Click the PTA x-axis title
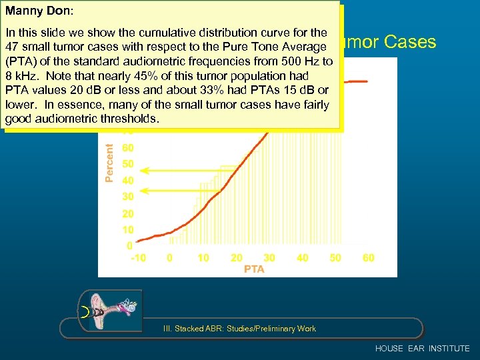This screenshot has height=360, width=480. point(253,269)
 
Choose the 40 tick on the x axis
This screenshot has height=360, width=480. point(302,258)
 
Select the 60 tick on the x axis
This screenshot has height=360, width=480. point(368,258)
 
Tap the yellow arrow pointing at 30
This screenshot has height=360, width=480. point(173,191)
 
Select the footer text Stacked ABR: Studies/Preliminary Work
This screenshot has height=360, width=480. point(239,329)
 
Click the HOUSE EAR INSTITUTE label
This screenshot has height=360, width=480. point(422,349)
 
